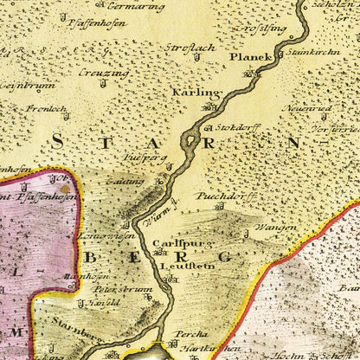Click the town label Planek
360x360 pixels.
(251, 56)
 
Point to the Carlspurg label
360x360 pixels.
(170, 245)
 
